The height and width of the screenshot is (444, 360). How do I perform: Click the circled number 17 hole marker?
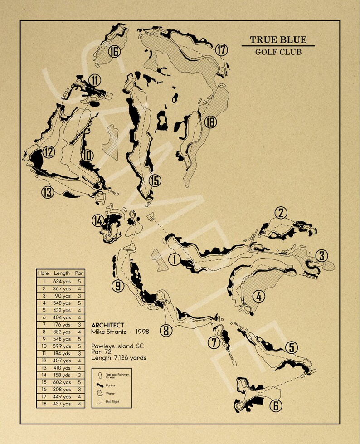click(x=221, y=49)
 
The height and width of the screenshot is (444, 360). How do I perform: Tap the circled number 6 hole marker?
click(x=275, y=405)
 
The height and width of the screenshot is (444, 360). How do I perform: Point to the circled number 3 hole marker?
click(x=321, y=255)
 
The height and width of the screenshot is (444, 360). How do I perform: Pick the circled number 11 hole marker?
click(x=95, y=80)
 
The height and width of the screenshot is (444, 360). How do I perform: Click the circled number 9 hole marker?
click(x=117, y=286)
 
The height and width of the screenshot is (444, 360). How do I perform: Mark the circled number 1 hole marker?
click(x=174, y=259)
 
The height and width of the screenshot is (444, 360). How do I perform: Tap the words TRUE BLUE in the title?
click(x=278, y=40)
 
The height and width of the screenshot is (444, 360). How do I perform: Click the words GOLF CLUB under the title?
click(x=278, y=52)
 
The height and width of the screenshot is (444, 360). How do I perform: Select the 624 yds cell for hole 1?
click(x=62, y=281)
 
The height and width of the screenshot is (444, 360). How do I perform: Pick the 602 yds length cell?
click(x=62, y=382)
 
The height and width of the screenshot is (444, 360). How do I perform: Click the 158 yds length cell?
click(x=62, y=375)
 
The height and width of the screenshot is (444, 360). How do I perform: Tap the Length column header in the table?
click(x=62, y=273)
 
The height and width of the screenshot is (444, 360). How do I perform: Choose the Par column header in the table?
click(x=79, y=273)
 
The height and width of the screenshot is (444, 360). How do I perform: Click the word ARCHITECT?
click(x=107, y=325)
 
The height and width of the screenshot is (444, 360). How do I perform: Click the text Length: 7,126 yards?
click(x=119, y=357)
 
